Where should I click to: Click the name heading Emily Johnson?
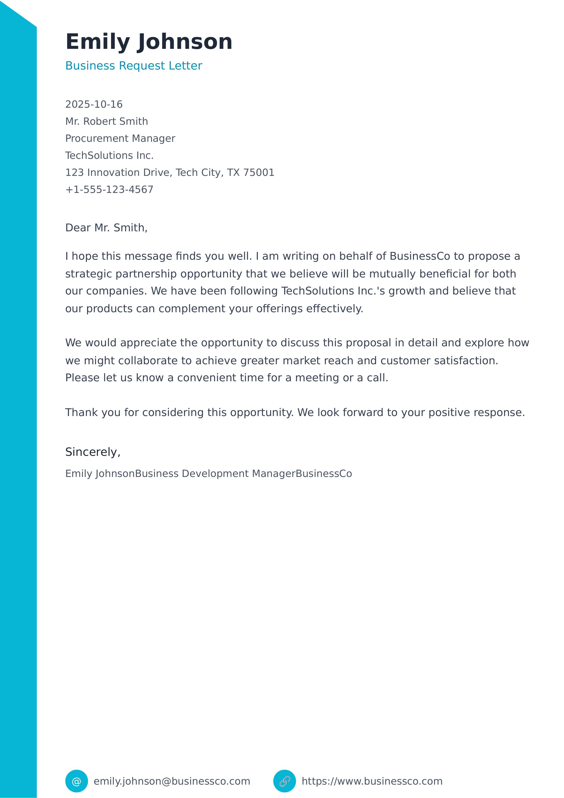(x=149, y=42)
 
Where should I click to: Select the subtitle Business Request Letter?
(x=133, y=66)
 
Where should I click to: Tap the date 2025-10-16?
(x=94, y=104)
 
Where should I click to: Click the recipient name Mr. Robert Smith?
(x=106, y=121)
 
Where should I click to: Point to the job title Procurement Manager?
(x=120, y=138)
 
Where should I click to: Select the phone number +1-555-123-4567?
(x=109, y=190)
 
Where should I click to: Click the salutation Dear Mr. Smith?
(x=106, y=228)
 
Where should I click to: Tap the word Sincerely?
(x=91, y=452)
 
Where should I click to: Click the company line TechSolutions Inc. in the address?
(x=109, y=155)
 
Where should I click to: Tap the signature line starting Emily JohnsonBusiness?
(x=209, y=474)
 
